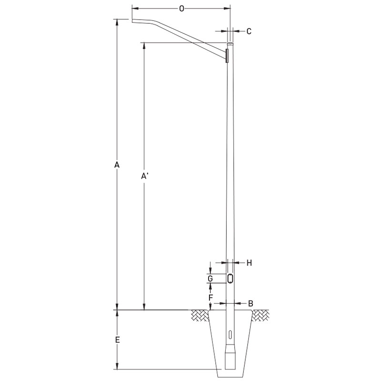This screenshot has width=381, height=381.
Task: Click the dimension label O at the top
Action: [181, 9]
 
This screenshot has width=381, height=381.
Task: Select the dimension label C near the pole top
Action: [249, 31]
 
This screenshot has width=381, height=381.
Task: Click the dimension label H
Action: [249, 262]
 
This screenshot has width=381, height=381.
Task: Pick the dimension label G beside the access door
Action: [210, 278]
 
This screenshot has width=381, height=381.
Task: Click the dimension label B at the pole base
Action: [250, 303]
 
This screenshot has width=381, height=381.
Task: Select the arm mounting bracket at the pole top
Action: [227, 55]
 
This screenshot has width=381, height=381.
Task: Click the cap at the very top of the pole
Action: [230, 44]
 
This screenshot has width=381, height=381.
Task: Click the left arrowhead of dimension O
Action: [134, 9]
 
